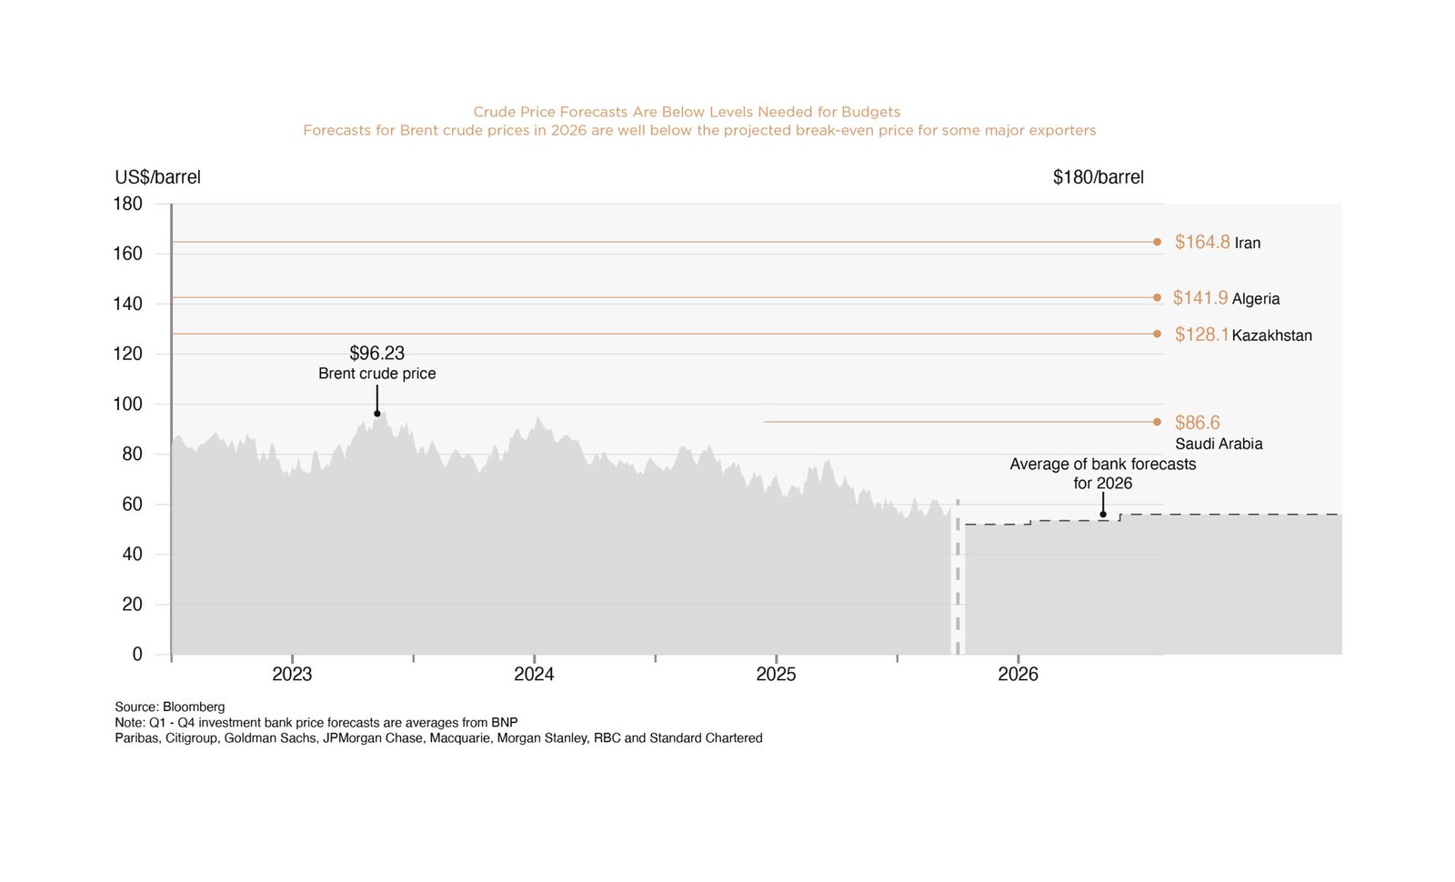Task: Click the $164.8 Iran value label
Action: (x=1201, y=242)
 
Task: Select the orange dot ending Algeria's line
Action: (x=1157, y=297)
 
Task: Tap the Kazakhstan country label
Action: (x=1271, y=336)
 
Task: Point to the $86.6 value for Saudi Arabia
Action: (x=1197, y=423)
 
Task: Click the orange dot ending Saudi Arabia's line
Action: (x=1157, y=422)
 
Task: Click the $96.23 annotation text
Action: (x=376, y=353)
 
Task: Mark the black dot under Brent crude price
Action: (x=377, y=414)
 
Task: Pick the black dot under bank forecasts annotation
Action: (x=1103, y=515)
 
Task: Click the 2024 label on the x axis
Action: (x=534, y=675)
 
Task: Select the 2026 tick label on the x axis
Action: (x=1018, y=675)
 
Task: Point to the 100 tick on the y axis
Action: (x=127, y=404)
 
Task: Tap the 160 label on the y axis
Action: (x=127, y=254)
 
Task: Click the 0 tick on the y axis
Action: (x=137, y=655)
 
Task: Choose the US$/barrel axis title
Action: (x=157, y=177)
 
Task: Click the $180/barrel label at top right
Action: (x=1098, y=177)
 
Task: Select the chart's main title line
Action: (x=687, y=112)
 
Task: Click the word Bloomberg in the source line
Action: (x=194, y=707)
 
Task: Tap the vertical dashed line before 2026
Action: (x=958, y=582)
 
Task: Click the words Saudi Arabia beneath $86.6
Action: (x=1219, y=444)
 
